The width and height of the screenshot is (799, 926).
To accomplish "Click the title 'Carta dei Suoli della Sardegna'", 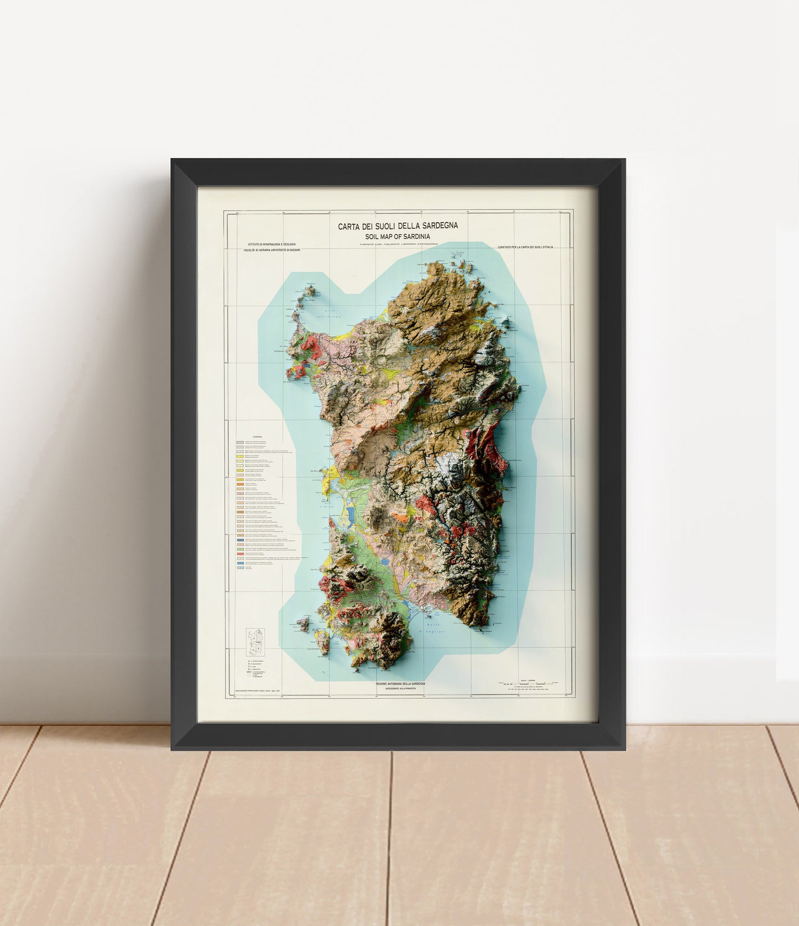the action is click(398, 226).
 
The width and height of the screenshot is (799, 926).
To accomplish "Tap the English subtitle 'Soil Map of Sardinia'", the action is click(398, 237).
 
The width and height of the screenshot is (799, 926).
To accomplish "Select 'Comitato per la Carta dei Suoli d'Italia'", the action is click(525, 247).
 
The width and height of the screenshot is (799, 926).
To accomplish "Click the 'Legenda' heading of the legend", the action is click(258, 436).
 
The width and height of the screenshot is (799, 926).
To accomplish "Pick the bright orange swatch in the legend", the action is click(240, 485).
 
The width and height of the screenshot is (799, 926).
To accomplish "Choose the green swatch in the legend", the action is click(240, 550).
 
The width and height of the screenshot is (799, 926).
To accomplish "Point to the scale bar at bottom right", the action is click(523, 684).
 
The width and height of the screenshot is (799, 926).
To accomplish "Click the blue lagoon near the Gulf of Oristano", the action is click(351, 515).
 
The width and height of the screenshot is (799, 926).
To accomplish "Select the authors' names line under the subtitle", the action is click(398, 244).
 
